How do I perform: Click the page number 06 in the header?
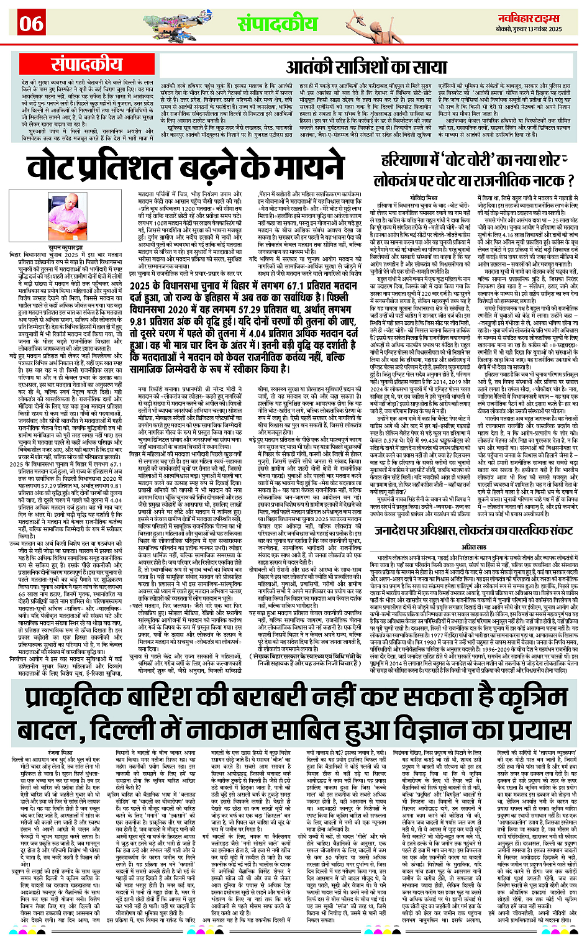coord(31,24)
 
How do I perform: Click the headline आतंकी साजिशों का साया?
coord(366,67)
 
